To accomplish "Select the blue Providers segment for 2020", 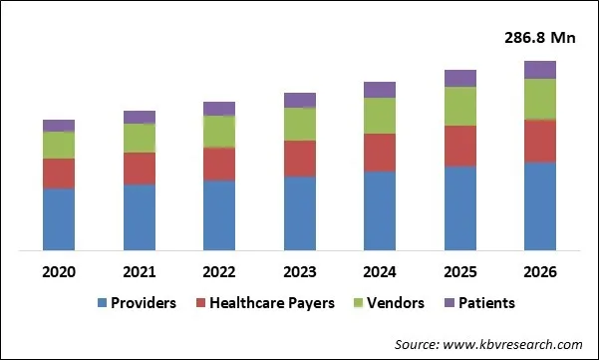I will point(59,218).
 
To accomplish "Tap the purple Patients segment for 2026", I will point(540,69).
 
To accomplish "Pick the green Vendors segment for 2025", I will point(459,106).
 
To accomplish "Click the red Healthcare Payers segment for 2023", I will point(299,158).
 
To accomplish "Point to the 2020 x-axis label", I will point(59,272).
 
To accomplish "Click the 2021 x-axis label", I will point(139,272).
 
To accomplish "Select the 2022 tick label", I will point(219,272).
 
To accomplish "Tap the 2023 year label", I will point(299,272).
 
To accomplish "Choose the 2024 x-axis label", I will point(380,272).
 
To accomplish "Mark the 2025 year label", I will point(459,272).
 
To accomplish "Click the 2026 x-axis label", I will point(540,272).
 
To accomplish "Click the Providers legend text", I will point(144,303).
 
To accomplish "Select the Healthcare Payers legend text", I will point(271,303).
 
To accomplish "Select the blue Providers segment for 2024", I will point(380,210).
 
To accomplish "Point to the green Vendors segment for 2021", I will point(139,138).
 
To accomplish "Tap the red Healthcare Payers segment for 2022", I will point(219,164).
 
